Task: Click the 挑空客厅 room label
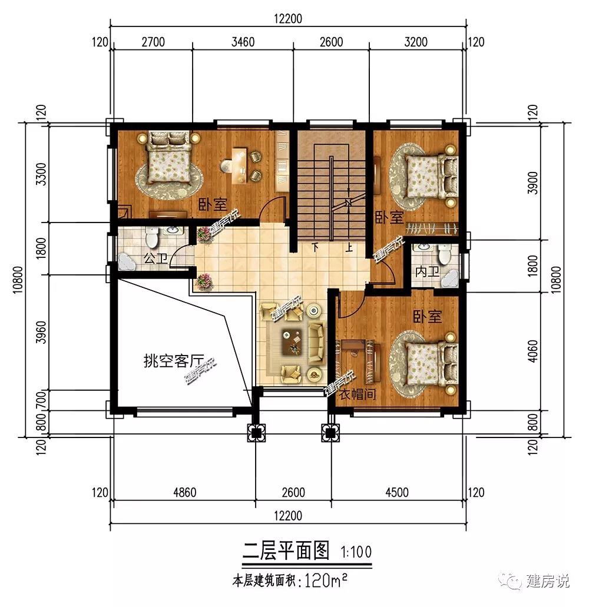pyautogui.click(x=174, y=361)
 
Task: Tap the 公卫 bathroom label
pyautogui.click(x=155, y=258)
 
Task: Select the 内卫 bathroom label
pyautogui.click(x=427, y=271)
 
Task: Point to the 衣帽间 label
pyautogui.click(x=358, y=394)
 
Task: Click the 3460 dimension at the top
pyautogui.click(x=243, y=42)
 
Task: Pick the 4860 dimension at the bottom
pyautogui.click(x=185, y=492)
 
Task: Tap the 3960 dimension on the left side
pyautogui.click(x=41, y=332)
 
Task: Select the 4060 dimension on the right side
pyautogui.click(x=533, y=351)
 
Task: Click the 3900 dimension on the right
pyautogui.click(x=533, y=183)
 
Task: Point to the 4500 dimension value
pyautogui.click(x=397, y=492)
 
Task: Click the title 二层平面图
pyautogui.click(x=286, y=550)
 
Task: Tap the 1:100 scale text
pyautogui.click(x=356, y=552)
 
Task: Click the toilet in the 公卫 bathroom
pyautogui.click(x=151, y=237)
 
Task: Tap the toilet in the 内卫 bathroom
pyautogui.click(x=444, y=255)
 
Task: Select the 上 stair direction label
pyautogui.click(x=349, y=247)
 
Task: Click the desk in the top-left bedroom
pyautogui.click(x=240, y=165)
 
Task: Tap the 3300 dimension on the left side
pyautogui.click(x=41, y=174)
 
